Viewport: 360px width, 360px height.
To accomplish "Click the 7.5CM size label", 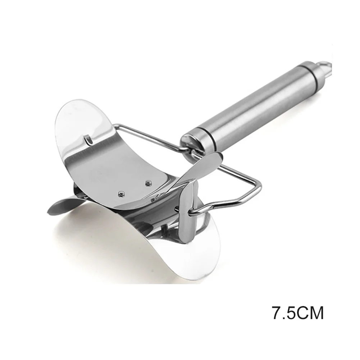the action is pyautogui.click(x=298, y=312).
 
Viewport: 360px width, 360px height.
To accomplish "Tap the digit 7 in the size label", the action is pyautogui.click(x=277, y=312).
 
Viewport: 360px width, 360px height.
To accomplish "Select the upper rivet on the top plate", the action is pyautogui.click(x=147, y=176).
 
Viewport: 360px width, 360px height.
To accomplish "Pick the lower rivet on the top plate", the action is pyautogui.click(x=120, y=194).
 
